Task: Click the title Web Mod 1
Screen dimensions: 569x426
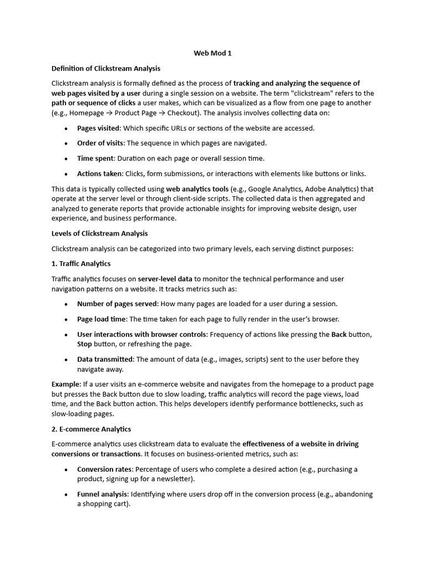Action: [x=212, y=53]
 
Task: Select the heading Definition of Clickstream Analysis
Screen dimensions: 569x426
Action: [x=106, y=68]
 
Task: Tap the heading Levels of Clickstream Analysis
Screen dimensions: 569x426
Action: [x=100, y=233]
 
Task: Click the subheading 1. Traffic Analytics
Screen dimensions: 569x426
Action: [x=81, y=263]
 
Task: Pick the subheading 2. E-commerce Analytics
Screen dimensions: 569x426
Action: [x=91, y=429]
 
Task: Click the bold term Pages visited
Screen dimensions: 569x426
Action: [x=98, y=128]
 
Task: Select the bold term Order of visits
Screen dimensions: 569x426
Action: [x=100, y=143]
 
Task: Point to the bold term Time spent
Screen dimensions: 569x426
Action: [x=94, y=158]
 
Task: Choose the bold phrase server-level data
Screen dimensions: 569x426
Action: [x=165, y=279]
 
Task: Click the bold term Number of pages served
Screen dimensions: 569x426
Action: [x=118, y=304]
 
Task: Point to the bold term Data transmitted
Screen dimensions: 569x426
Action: [x=105, y=360]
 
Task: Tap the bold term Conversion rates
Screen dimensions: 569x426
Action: [x=105, y=470]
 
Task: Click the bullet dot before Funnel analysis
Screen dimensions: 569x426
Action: [x=67, y=495]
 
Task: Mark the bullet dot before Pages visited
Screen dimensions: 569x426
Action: [x=67, y=128]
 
